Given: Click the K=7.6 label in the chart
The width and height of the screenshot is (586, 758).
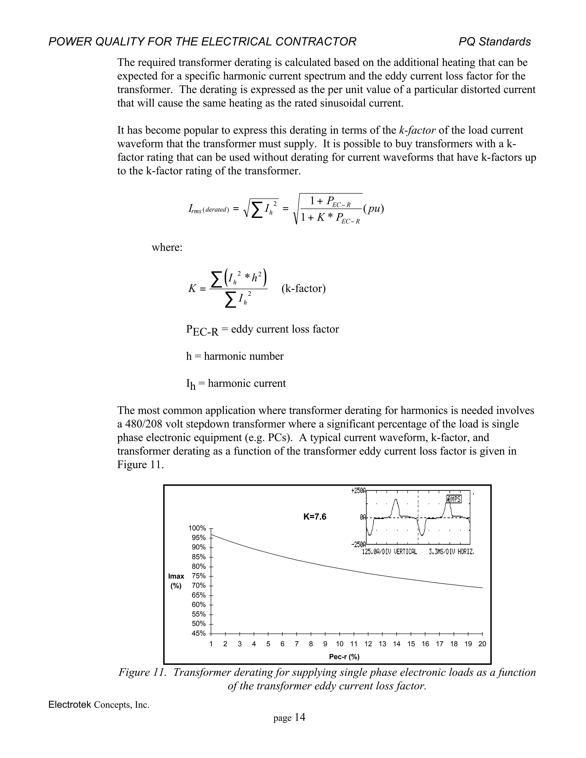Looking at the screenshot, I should click(x=314, y=517).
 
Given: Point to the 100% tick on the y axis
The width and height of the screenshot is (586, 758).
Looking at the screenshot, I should click(x=197, y=528).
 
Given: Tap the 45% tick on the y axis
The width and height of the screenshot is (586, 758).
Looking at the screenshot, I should click(x=199, y=633).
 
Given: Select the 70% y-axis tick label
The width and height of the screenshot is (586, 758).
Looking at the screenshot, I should click(x=199, y=586).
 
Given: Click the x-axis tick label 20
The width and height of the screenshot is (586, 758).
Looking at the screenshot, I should click(x=482, y=644).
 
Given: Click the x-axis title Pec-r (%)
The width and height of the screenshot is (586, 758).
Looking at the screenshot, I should click(x=344, y=657).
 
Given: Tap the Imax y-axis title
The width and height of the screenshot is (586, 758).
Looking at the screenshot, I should click(x=176, y=576).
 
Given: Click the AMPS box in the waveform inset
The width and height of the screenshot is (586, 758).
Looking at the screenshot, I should click(x=454, y=499).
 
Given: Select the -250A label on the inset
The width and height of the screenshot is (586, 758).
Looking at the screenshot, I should click(x=358, y=544).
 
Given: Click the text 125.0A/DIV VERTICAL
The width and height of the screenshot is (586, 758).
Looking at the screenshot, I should click(x=389, y=552).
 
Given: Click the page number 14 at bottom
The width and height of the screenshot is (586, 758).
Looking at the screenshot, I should click(x=300, y=718).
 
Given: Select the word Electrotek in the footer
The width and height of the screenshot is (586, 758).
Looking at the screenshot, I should click(x=70, y=705).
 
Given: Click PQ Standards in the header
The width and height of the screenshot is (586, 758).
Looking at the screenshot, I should click(x=494, y=42).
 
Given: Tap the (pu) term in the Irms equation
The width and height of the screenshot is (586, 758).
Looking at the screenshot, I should click(x=373, y=209).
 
